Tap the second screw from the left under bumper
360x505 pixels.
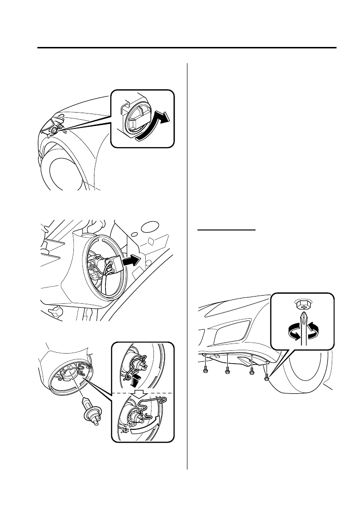tap(227, 370)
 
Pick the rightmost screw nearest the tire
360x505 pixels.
tap(266, 379)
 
